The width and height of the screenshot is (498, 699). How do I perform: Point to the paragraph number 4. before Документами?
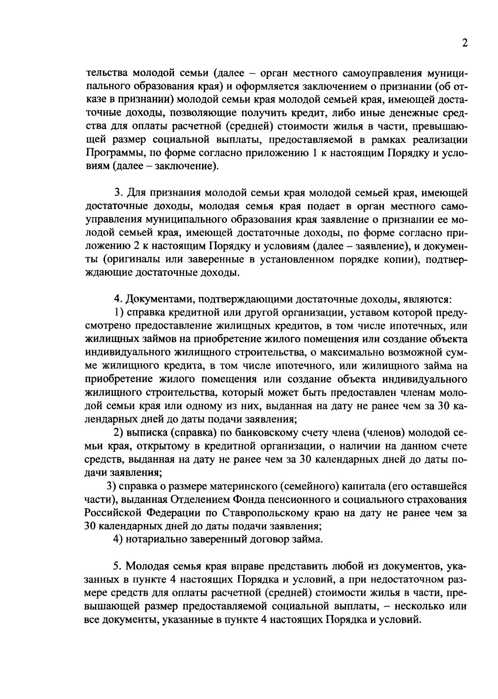[x=117, y=299]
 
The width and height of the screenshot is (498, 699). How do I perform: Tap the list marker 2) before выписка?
[x=118, y=433]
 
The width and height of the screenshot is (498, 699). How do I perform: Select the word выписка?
[x=147, y=433]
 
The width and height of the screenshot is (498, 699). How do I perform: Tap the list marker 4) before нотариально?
[x=118, y=540]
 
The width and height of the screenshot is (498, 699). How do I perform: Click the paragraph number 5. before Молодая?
[x=117, y=566]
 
